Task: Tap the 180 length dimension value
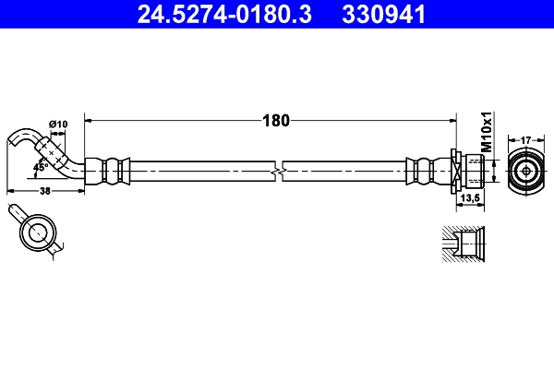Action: tap(276, 119)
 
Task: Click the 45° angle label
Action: tap(41, 167)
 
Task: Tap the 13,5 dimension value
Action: tap(469, 197)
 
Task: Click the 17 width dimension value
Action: tap(524, 139)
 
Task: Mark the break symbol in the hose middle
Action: tap(277, 171)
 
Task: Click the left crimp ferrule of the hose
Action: tap(113, 171)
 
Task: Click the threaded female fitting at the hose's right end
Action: tap(470, 171)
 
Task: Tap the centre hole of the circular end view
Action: tap(524, 171)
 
